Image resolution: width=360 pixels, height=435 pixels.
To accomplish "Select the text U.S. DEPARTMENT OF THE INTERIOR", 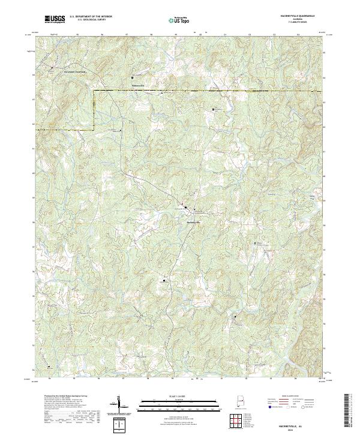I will (x=91, y=17).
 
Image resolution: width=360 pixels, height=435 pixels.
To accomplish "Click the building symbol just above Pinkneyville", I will (x=133, y=77).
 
